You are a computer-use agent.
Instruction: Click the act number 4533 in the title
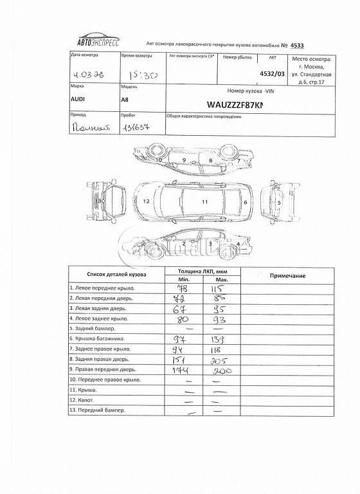point(297,46)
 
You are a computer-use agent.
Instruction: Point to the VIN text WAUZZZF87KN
point(236,104)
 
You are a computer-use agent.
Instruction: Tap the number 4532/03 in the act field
point(271,73)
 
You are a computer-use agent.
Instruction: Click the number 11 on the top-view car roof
point(205,201)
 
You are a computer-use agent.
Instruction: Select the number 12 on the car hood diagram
point(147,201)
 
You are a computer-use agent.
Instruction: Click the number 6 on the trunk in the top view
point(246,201)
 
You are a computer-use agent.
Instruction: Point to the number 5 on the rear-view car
point(280,202)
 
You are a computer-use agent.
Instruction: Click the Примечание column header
point(287,275)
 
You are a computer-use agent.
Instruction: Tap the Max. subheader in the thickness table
point(222,280)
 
